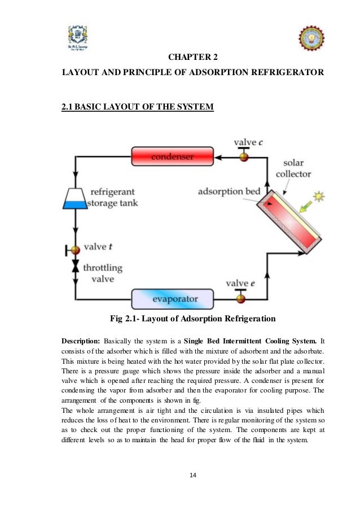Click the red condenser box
pyautogui.click(x=172, y=156)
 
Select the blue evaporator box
pyautogui.click(x=172, y=298)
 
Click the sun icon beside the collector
pyautogui.click(x=320, y=197)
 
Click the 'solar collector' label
pyautogui.click(x=293, y=168)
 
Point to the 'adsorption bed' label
pyautogui.click(x=229, y=191)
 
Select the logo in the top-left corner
pyautogui.click(x=76, y=38)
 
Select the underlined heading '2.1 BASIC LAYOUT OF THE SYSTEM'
pyautogui.click(x=137, y=107)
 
